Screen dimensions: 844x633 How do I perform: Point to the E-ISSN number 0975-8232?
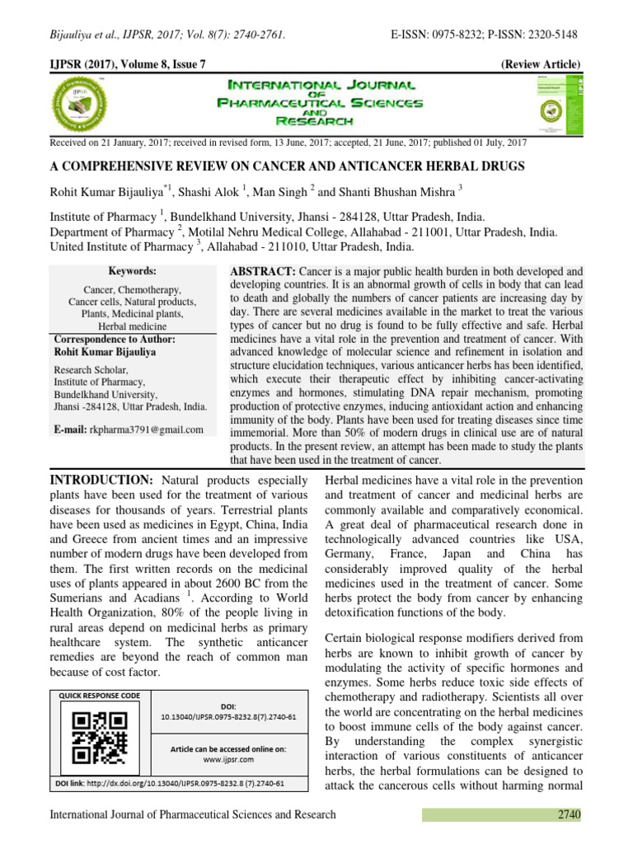point(461,35)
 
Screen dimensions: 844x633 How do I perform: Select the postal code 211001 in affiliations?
point(363,232)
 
